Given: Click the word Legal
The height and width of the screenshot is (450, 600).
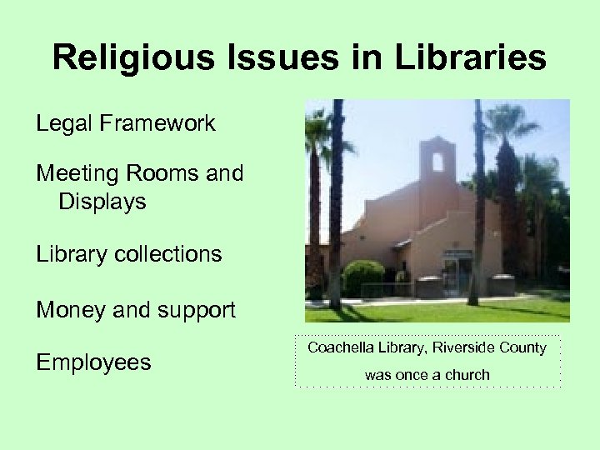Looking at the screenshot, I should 63,124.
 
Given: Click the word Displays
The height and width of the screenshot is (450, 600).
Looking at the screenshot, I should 102,202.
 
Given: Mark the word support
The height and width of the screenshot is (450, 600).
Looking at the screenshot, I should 194,311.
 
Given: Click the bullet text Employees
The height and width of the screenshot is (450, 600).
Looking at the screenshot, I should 93,362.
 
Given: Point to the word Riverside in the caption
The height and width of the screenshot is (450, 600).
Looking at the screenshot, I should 462,347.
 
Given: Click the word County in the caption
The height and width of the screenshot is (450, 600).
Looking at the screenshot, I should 522,347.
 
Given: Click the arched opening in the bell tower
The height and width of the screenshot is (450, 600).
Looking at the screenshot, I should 438,162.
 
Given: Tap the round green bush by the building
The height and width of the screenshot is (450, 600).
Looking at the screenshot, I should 363,277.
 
